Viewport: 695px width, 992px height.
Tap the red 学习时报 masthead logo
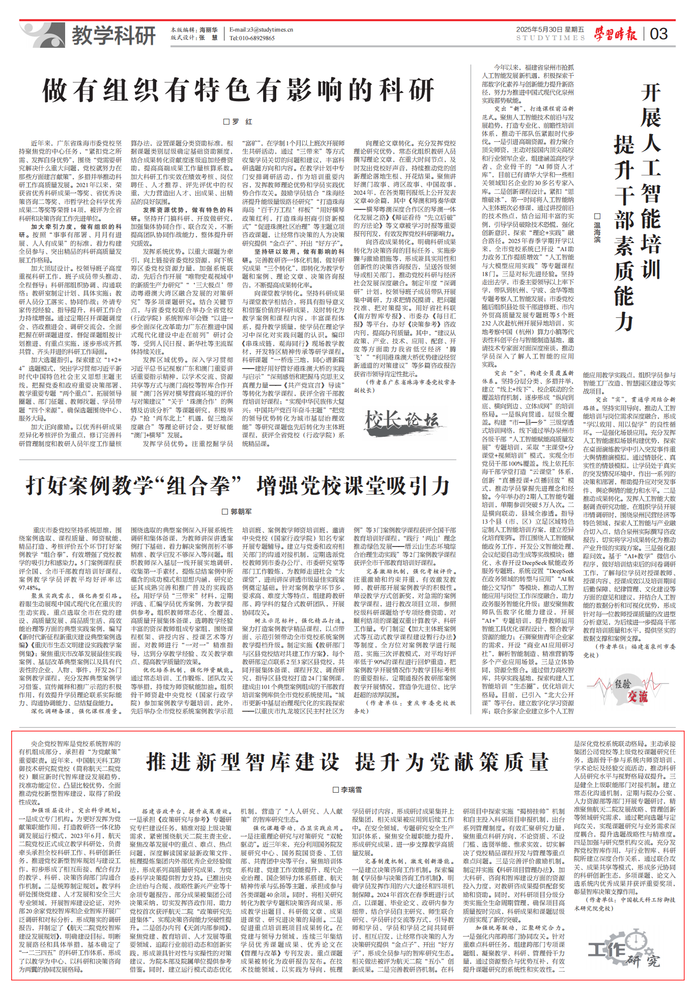[616, 34]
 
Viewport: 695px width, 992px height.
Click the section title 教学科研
[113, 36]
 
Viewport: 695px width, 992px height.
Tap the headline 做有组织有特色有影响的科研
[238, 91]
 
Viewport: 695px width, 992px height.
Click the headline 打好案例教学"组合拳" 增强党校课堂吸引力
[238, 486]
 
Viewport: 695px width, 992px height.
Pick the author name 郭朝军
[238, 512]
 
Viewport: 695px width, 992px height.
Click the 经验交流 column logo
[630, 690]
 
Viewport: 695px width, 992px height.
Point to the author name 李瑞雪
[347, 790]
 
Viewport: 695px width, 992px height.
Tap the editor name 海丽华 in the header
[209, 30]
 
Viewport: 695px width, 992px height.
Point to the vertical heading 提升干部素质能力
[624, 234]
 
